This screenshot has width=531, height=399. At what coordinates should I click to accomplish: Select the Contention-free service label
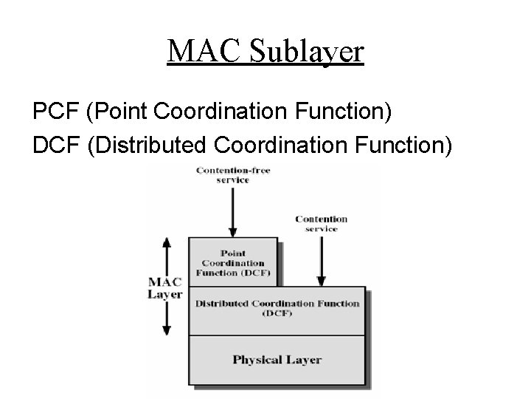[x=233, y=175]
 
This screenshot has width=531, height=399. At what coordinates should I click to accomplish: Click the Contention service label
[x=322, y=224]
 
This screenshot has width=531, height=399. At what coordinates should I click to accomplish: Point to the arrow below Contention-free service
[x=233, y=211]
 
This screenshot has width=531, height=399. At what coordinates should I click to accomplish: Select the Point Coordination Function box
[x=233, y=262]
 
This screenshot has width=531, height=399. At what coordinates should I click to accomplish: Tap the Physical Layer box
[x=277, y=360]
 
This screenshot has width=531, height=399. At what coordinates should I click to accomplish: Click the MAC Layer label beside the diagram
[x=165, y=288]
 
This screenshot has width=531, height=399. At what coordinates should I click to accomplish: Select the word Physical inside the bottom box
[x=257, y=360]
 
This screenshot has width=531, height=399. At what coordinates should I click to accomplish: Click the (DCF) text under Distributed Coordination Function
[x=277, y=314]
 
